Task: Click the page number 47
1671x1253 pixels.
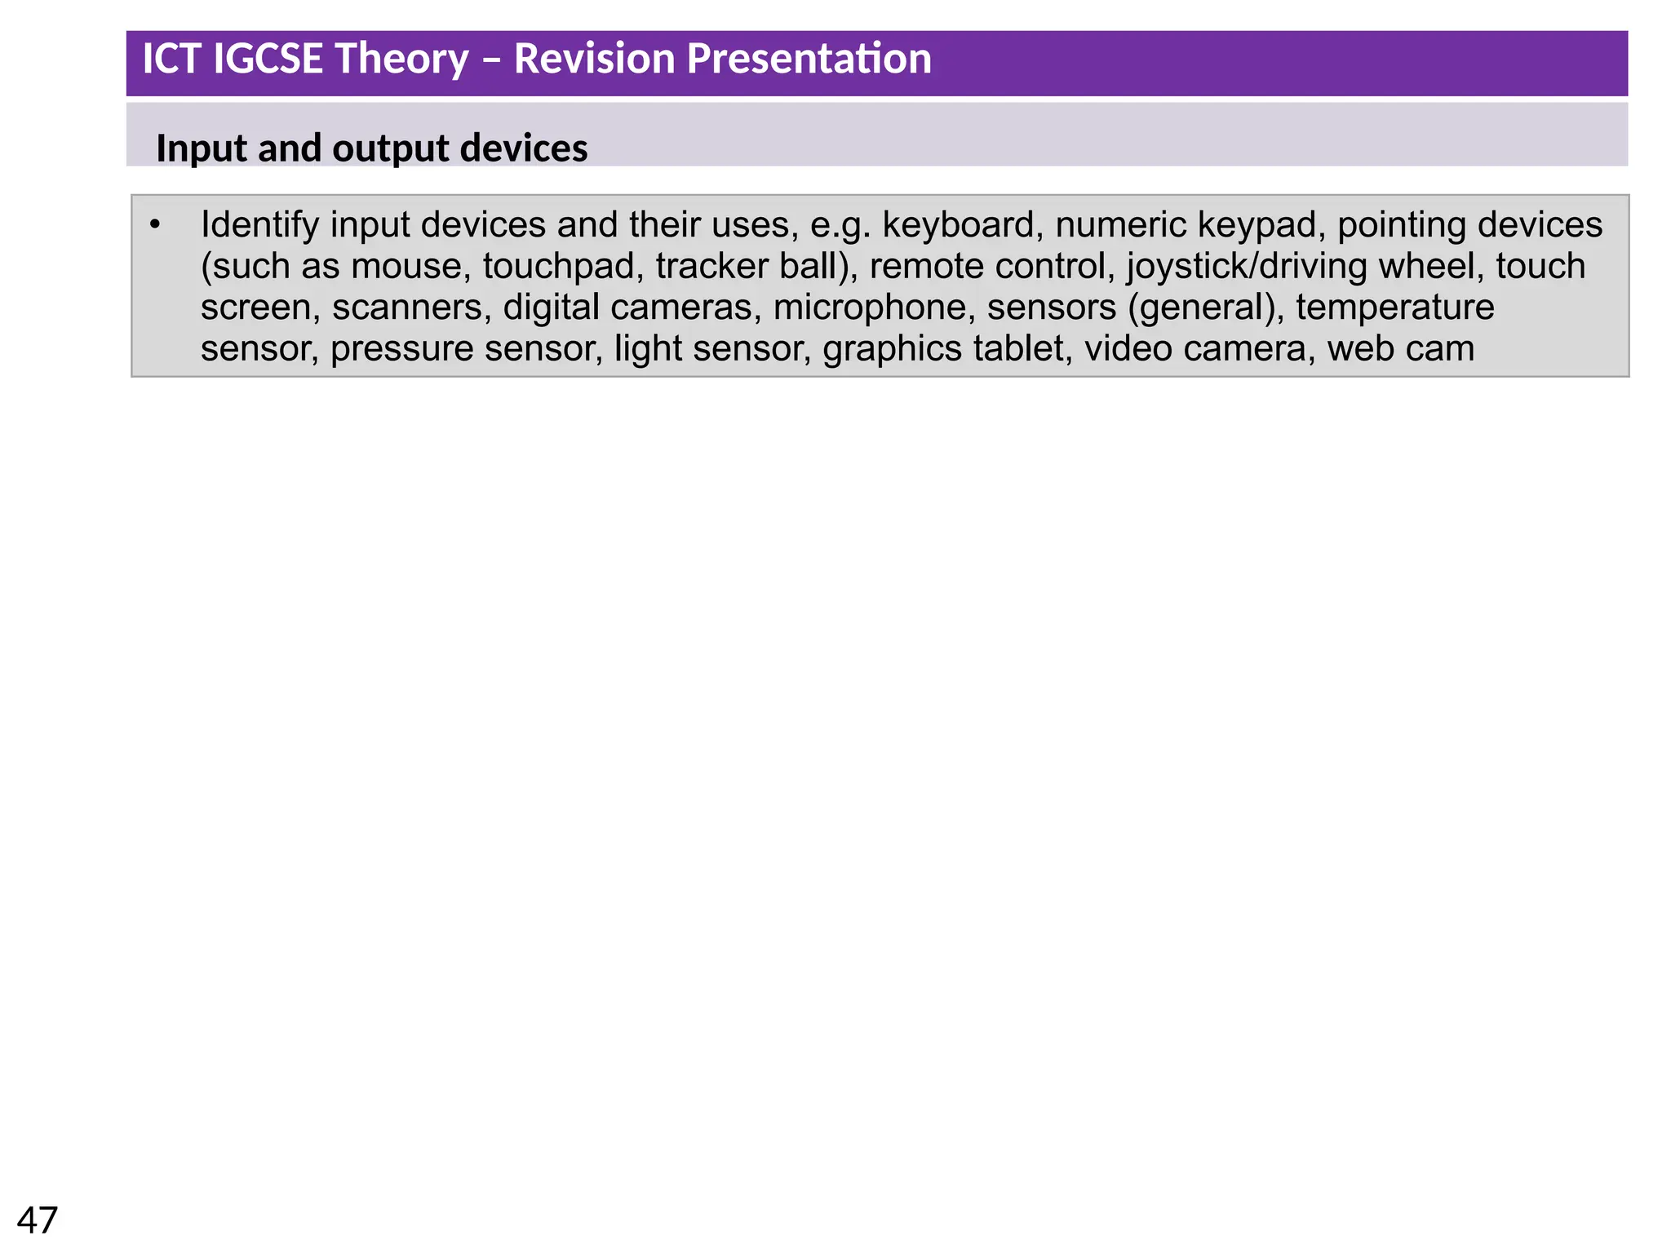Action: click(x=38, y=1220)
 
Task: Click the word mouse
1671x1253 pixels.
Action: click(x=410, y=267)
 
